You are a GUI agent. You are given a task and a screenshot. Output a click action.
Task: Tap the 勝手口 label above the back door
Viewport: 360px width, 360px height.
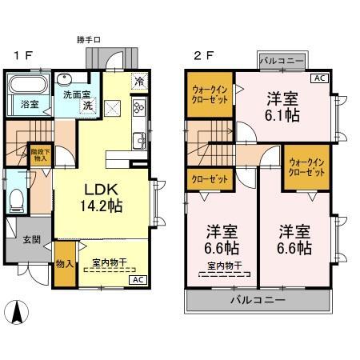[x=111, y=38]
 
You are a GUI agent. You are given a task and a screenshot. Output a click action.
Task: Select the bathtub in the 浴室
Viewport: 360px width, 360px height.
[x=27, y=86]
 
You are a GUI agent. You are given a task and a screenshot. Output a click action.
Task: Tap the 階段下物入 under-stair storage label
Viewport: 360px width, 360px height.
[x=38, y=154]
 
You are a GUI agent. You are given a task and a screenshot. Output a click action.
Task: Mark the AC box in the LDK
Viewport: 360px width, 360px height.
[x=136, y=280]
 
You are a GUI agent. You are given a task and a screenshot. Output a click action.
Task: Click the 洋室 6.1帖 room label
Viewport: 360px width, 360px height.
[x=284, y=106]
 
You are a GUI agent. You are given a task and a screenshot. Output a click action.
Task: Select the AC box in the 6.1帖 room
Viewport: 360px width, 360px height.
[x=318, y=78]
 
